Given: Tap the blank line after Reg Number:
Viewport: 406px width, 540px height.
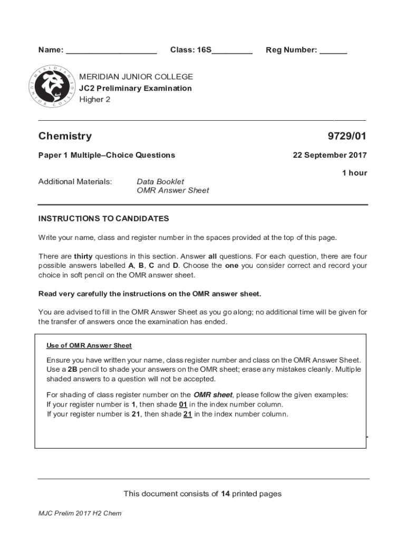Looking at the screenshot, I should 333,53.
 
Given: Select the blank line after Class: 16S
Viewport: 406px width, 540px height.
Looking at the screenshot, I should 232,53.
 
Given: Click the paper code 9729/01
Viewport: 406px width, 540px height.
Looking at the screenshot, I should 346,137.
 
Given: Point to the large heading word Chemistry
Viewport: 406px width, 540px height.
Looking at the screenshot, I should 65,137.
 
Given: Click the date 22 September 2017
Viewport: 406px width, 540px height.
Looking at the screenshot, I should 330,155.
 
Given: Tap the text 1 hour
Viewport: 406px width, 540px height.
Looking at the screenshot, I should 354,173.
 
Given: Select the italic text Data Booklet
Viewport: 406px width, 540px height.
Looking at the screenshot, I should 160,181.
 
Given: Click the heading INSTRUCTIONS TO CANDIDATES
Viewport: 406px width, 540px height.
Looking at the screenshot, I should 103,218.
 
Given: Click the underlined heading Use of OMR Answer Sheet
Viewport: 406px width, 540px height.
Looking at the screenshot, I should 89,346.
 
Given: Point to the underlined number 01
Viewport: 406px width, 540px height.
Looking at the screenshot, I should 183,404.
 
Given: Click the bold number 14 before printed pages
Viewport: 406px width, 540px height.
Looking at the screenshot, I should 225,494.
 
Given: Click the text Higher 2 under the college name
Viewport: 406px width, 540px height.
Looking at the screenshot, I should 95,99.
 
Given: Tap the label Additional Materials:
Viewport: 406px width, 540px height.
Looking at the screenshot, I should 75,181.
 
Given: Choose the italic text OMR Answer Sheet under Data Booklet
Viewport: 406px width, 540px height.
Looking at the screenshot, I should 173,190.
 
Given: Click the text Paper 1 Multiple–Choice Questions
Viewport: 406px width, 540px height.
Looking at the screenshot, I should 107,155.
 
